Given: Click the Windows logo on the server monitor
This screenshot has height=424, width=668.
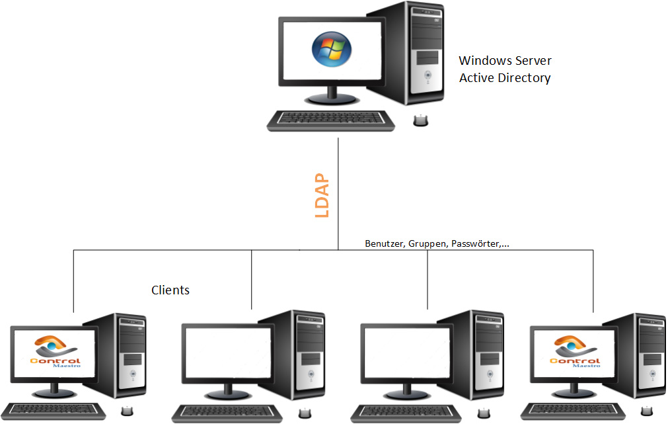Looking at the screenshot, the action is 332,49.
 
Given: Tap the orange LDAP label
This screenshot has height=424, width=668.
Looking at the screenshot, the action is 322,195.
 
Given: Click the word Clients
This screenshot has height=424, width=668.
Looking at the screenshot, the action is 170,290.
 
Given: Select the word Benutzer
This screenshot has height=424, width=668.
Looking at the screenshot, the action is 385,243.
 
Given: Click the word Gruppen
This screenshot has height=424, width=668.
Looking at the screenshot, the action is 427,244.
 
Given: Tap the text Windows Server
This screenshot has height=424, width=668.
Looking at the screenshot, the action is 505,61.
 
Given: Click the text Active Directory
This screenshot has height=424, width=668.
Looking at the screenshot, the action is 505,78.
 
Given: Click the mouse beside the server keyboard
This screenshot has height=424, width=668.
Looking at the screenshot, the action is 420,120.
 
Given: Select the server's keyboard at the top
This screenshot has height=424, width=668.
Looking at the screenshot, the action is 331,120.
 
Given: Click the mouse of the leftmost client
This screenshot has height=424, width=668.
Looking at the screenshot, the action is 127,411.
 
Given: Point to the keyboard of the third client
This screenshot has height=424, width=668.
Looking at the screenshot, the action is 406,413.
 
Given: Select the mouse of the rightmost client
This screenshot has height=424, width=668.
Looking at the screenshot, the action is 647,411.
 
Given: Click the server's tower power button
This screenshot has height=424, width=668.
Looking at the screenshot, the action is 427,76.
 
